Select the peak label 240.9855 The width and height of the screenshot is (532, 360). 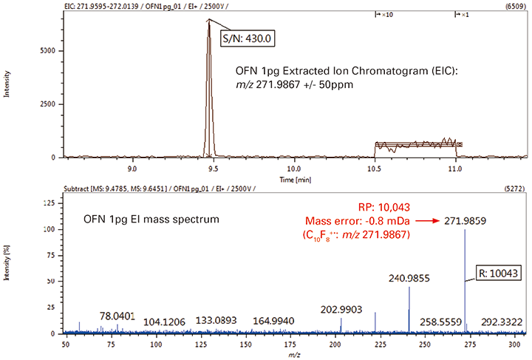[409, 279]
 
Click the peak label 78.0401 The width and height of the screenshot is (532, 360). [117, 316]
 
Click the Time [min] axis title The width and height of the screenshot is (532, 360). [293, 178]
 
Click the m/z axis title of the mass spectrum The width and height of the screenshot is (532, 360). [293, 354]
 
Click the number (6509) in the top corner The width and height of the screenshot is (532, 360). [515, 5]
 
